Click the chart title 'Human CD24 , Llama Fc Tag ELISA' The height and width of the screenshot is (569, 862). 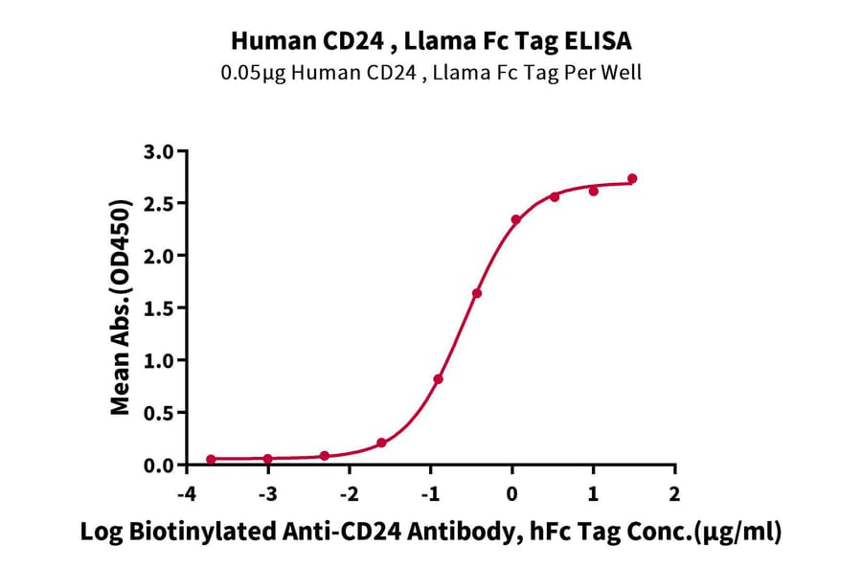431,41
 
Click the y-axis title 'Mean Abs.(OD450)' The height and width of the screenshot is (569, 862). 121,307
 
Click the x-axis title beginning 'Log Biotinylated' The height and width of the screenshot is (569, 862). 431,533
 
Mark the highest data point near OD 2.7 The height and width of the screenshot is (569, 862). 632,179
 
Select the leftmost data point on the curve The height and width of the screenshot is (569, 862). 211,460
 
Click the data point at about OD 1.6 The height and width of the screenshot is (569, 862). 477,293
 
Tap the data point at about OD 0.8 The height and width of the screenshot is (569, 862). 438,379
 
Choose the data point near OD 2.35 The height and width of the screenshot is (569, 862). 515,219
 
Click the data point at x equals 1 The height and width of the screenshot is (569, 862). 594,191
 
